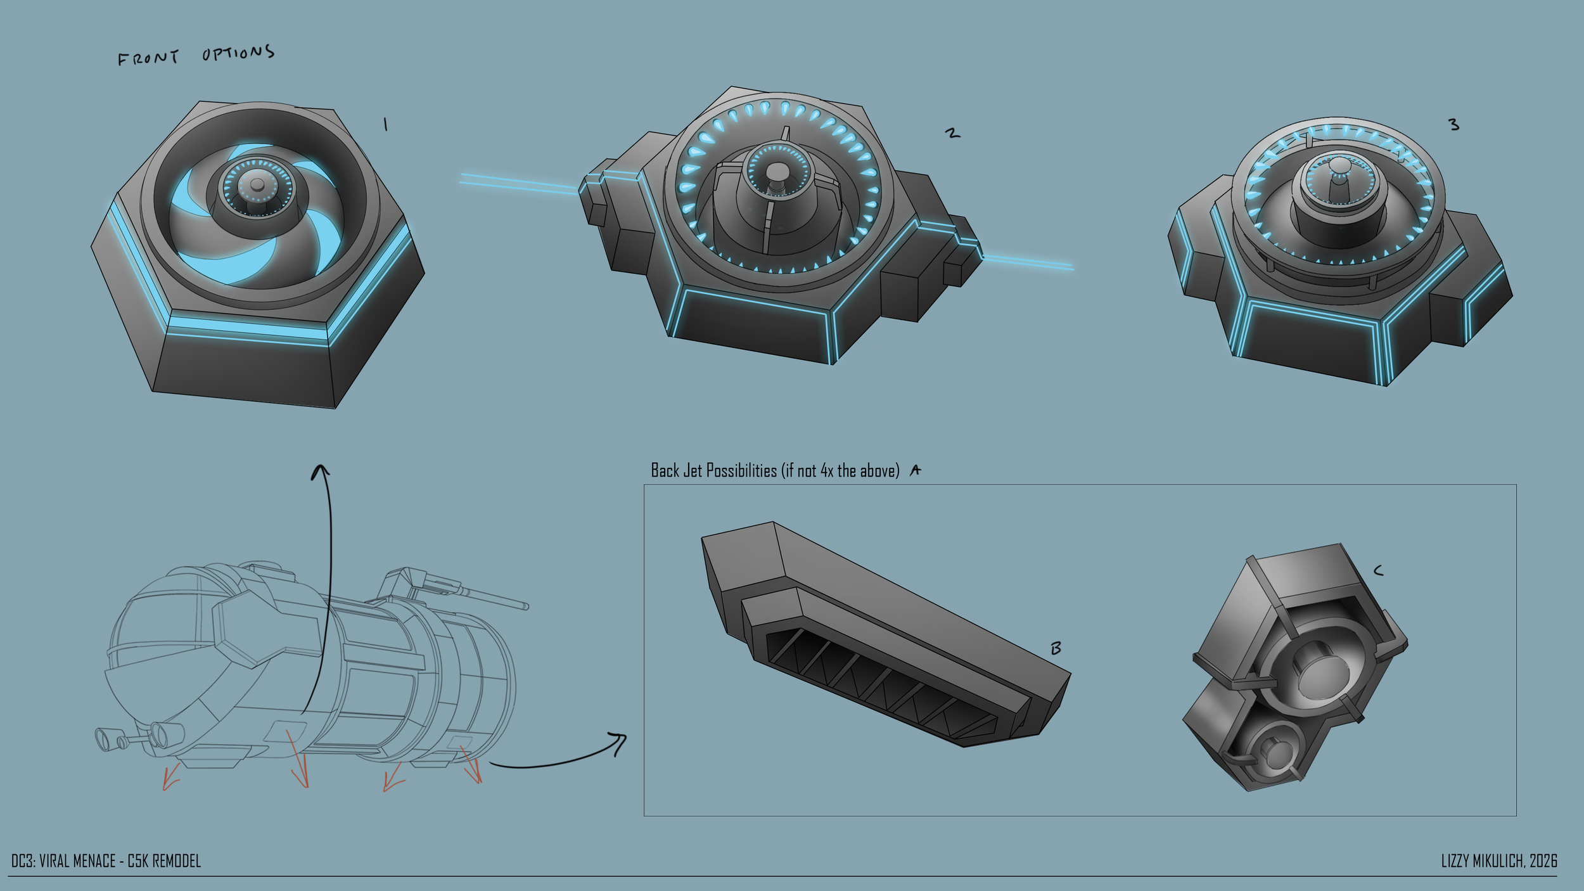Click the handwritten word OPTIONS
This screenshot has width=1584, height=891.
pos(238,53)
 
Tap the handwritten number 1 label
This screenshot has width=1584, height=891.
pos(385,125)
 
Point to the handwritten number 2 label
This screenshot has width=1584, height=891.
pos(952,133)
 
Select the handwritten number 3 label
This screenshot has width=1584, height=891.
pos(1454,125)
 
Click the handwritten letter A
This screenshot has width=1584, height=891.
pos(915,470)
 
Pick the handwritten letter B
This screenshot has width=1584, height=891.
pos(1056,648)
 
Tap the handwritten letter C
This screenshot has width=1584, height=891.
pos(1377,571)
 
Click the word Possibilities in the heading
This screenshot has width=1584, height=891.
pos(741,471)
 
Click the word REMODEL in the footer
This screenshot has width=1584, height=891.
pos(177,861)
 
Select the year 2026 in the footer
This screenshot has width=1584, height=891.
pos(1543,861)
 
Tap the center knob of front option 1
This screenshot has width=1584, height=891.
pos(257,185)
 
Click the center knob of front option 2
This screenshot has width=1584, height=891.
pos(775,172)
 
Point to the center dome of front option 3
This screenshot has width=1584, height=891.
pos(1339,166)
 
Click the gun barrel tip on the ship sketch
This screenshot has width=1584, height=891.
pos(526,606)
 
